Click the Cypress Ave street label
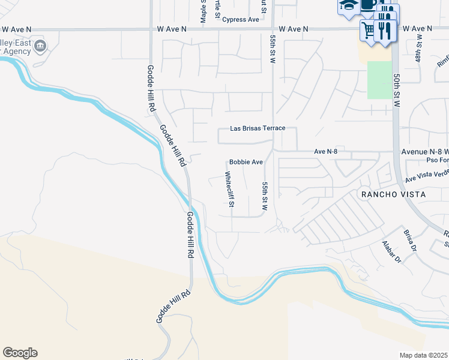point(240,19)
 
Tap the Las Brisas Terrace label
point(258,128)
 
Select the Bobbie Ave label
point(246,163)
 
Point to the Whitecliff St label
point(229,190)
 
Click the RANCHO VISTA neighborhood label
point(393,194)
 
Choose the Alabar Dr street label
point(391,251)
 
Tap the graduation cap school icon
point(348,5)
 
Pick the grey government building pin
point(40,46)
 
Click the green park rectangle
point(379,80)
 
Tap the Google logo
point(20,353)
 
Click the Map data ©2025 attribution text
point(424,355)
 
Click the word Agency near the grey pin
point(17,52)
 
